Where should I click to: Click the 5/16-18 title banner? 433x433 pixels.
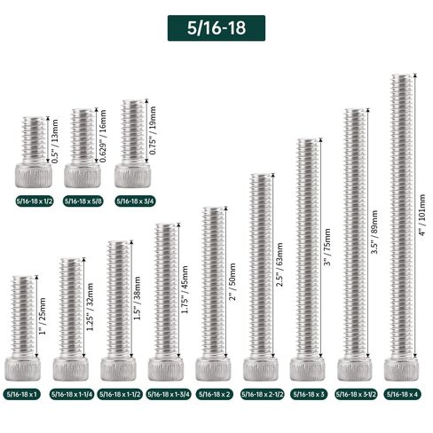pos(216,28)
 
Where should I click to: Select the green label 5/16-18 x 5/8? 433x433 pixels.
pos(82,201)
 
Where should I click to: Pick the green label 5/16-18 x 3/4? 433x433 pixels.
pos(133,201)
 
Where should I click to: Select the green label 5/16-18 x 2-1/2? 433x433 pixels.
pos(262,393)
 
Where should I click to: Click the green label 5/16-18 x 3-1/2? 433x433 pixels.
pos(356,393)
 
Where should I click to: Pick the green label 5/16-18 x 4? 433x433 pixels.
pos(404,393)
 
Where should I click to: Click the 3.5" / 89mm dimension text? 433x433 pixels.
pos(374,235)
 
